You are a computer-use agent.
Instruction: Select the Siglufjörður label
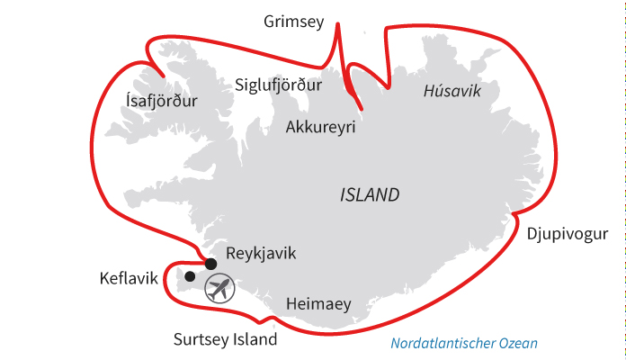pyautogui.click(x=277, y=86)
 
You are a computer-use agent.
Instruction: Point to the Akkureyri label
pyautogui.click(x=320, y=128)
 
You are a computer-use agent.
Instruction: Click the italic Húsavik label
pyautogui.click(x=452, y=92)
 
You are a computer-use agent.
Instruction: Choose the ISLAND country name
pyautogui.click(x=370, y=195)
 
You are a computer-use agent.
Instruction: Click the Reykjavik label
pyautogui.click(x=261, y=254)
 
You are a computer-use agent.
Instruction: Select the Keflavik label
pyautogui.click(x=129, y=280)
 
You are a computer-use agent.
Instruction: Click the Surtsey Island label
pyautogui.click(x=225, y=340)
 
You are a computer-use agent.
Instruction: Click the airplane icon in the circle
pyautogui.click(x=219, y=288)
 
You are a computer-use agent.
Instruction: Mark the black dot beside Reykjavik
pyautogui.click(x=210, y=264)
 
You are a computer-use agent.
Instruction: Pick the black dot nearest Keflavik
pyautogui.click(x=190, y=275)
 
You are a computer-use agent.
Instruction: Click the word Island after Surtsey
pyautogui.click(x=255, y=340)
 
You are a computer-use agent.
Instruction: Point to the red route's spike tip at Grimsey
pyautogui.click(x=338, y=22)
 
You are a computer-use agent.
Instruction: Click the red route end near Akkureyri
pyautogui.click(x=361, y=110)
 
